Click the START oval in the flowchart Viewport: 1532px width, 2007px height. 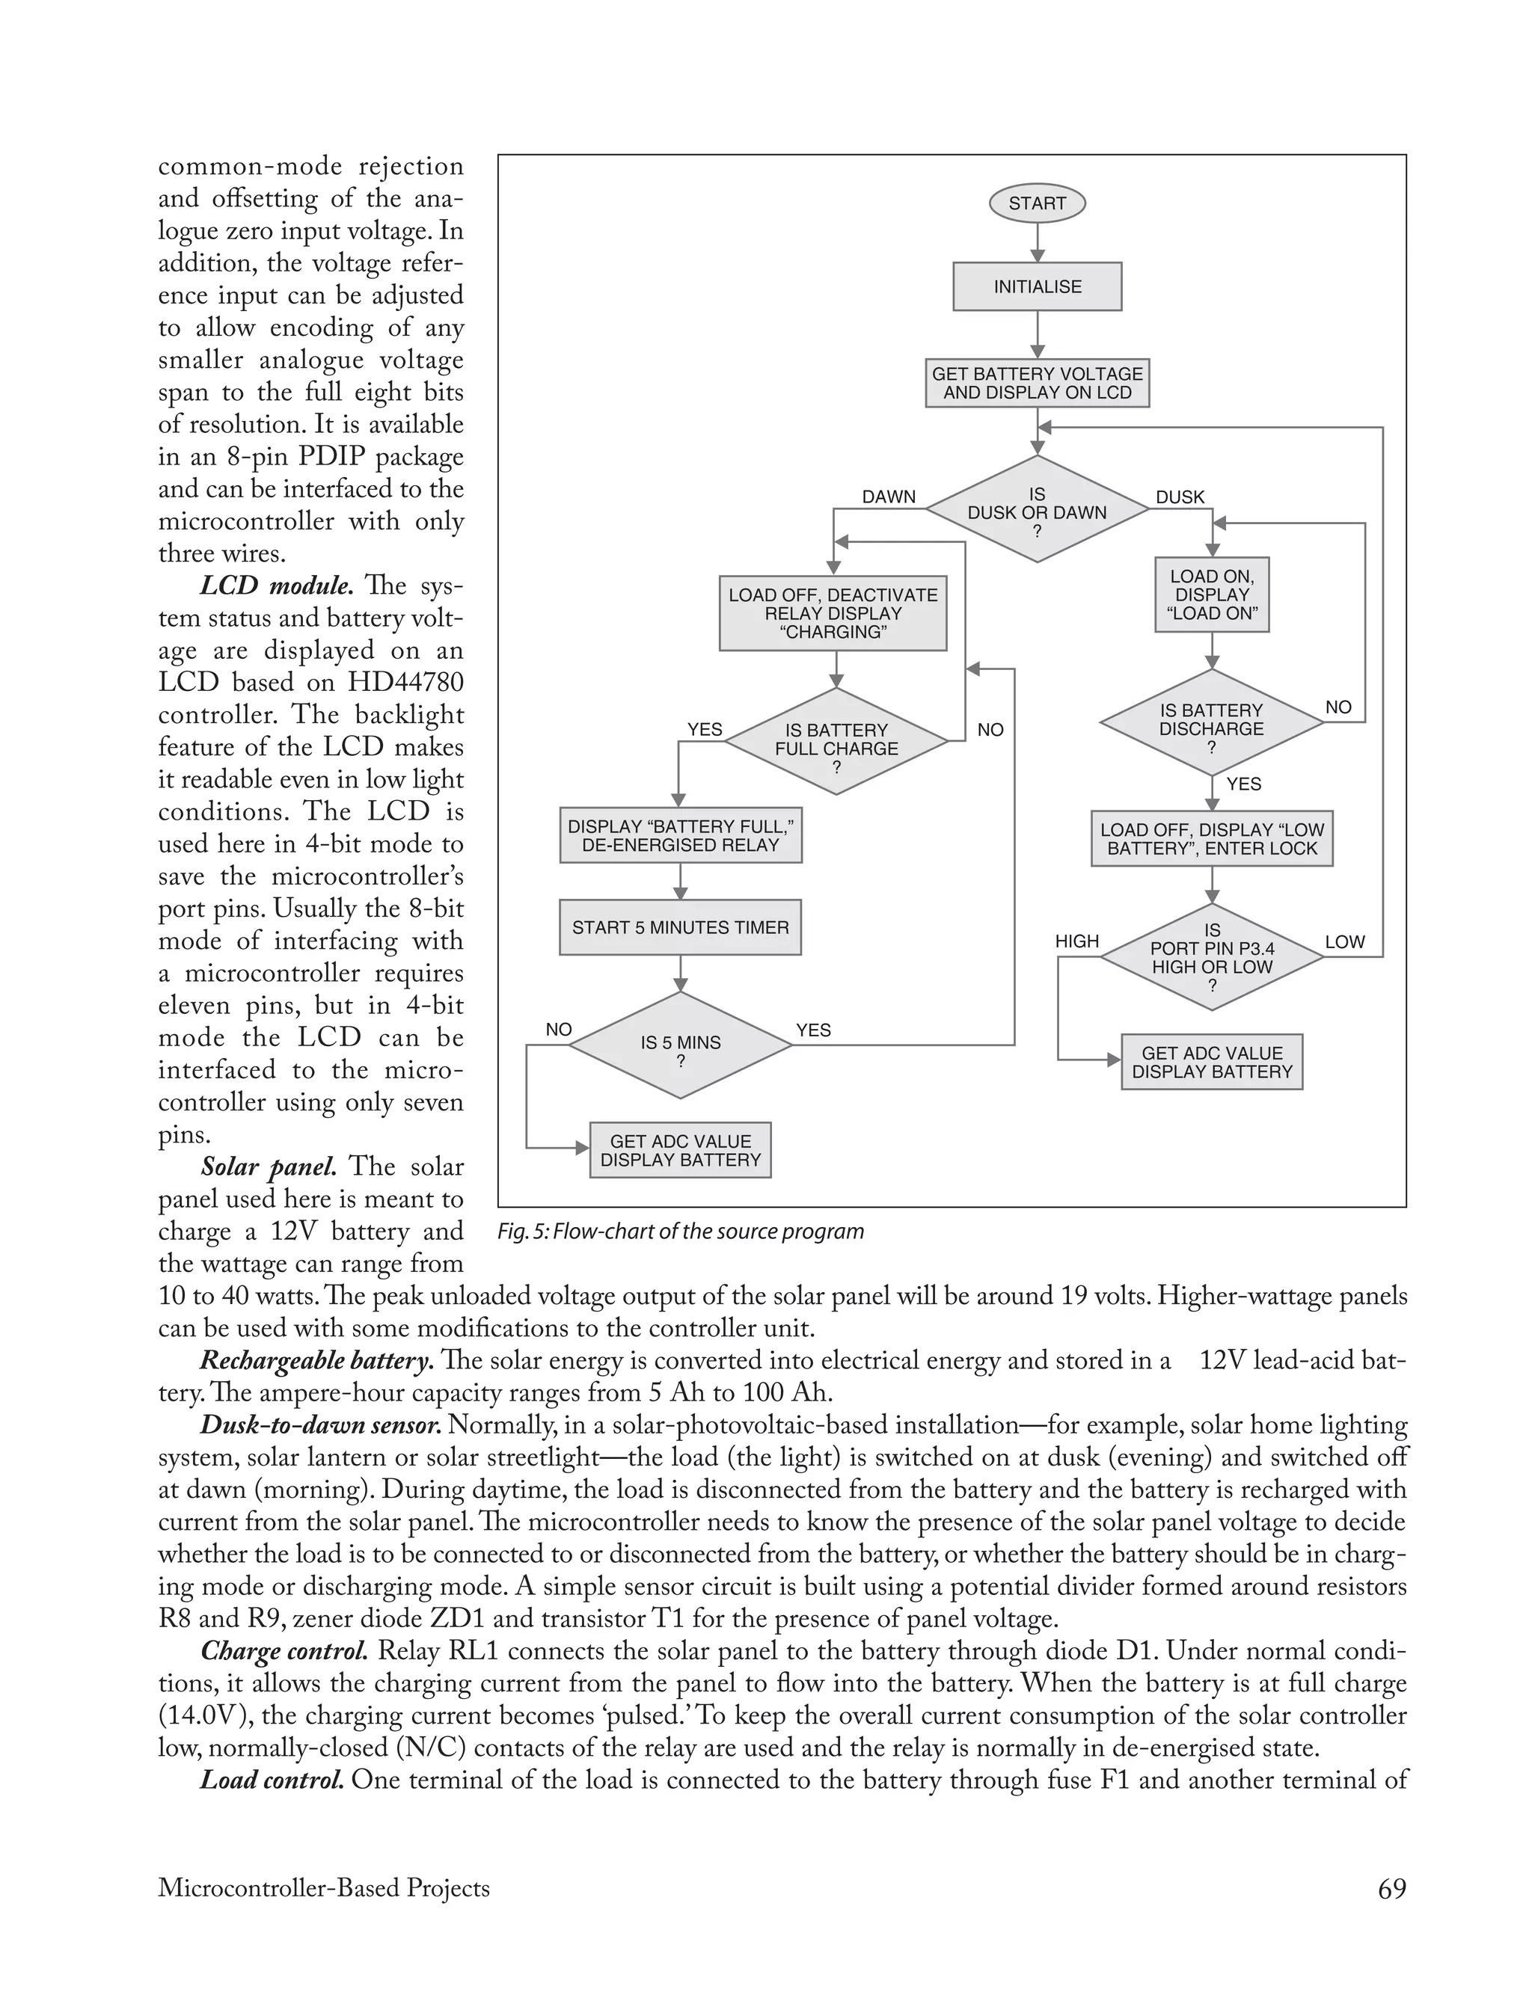1037,203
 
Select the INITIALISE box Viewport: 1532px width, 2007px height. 1037,287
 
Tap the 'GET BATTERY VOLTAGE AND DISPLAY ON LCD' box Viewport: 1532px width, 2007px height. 1037,383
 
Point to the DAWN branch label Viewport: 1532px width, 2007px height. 888,497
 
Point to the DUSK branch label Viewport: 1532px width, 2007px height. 1180,497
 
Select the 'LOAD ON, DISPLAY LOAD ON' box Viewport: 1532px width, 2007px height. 1212,594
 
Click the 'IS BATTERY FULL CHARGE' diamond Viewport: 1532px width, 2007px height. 836,740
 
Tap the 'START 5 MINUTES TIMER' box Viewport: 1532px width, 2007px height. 680,927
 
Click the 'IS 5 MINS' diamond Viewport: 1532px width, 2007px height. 680,1045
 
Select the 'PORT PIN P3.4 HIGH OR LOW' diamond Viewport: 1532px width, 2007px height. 1212,957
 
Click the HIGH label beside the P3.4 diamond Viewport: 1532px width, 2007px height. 1077,941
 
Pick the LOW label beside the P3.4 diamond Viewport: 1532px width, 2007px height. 1344,941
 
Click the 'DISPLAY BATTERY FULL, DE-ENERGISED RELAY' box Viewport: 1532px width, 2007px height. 680,835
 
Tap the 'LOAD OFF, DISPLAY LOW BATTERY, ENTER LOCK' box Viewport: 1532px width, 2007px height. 1212,838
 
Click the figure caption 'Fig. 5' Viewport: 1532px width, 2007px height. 680,1232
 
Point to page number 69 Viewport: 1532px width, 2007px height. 1391,1889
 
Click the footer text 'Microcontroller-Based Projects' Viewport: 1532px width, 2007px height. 324,1889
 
